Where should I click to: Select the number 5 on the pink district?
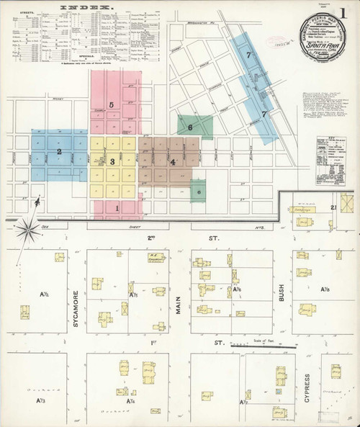click(112, 105)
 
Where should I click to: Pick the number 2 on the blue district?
click(59, 152)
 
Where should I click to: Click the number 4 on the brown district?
click(173, 162)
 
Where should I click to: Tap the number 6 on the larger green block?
click(190, 127)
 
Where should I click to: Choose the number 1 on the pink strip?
click(117, 208)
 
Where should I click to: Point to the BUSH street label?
click(282, 292)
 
